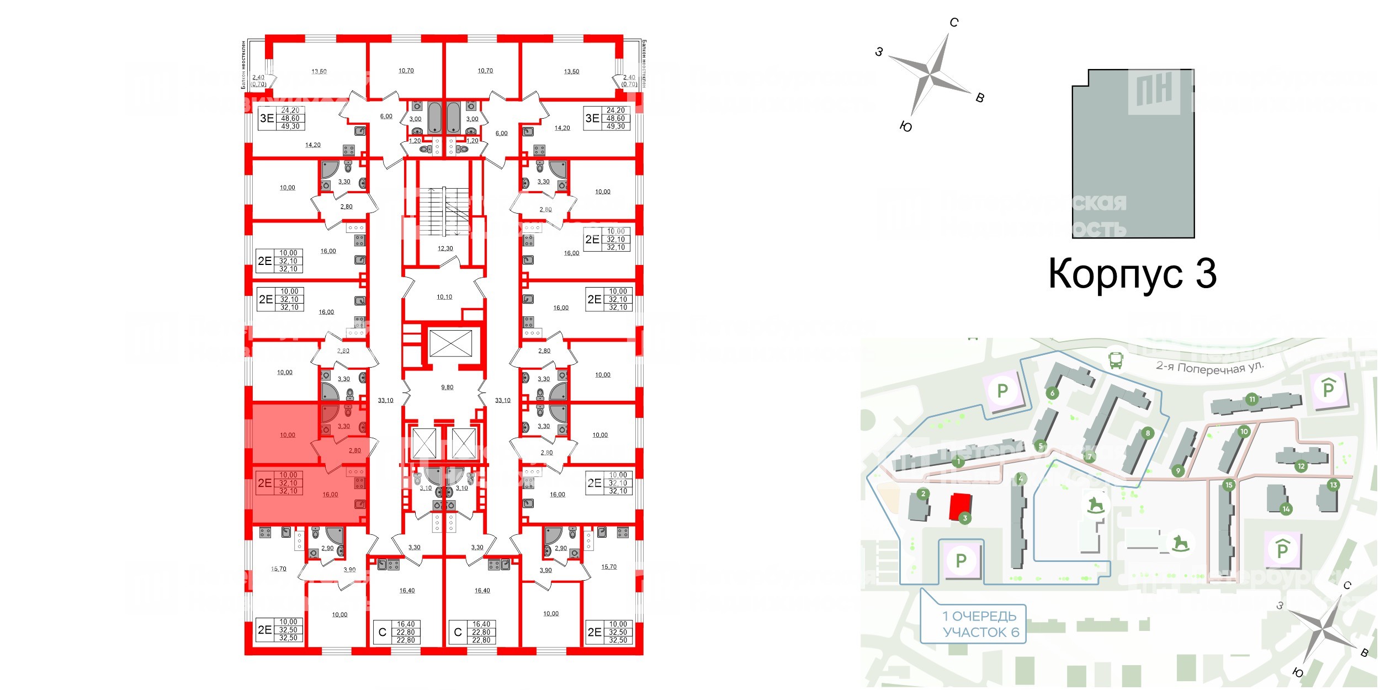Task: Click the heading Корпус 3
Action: click(x=1132, y=274)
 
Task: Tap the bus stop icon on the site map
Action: click(x=1116, y=360)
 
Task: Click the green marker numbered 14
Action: click(x=1286, y=509)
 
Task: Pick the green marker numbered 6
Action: click(x=1052, y=393)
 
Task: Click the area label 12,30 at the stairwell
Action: click(x=445, y=248)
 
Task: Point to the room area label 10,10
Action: click(x=444, y=297)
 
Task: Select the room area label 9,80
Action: click(x=447, y=388)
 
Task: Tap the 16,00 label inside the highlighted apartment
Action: click(x=330, y=495)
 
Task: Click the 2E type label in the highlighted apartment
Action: click(x=265, y=483)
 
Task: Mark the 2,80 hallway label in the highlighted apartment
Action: click(x=354, y=450)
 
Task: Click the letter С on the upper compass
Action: click(x=954, y=23)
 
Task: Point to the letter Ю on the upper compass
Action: click(x=906, y=127)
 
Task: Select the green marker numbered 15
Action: click(x=1229, y=485)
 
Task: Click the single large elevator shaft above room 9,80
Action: click(x=450, y=343)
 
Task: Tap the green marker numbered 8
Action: click(x=1148, y=433)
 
